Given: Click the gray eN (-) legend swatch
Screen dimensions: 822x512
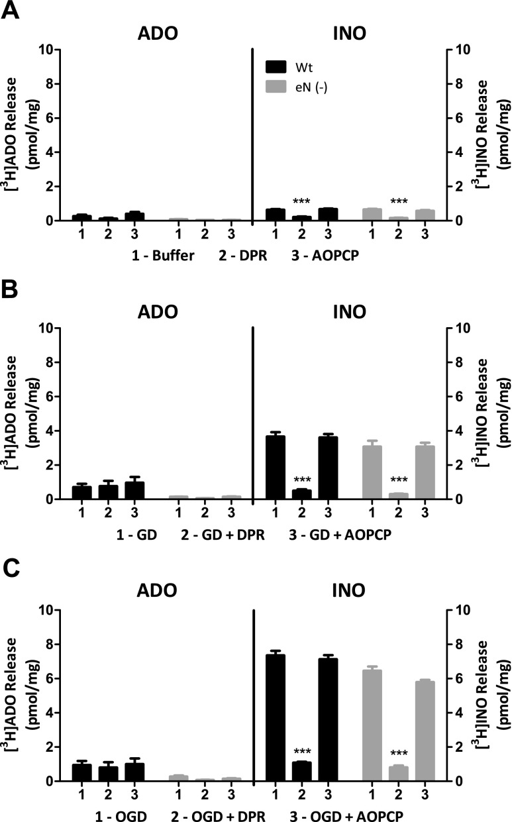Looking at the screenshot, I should pos(276,85).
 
